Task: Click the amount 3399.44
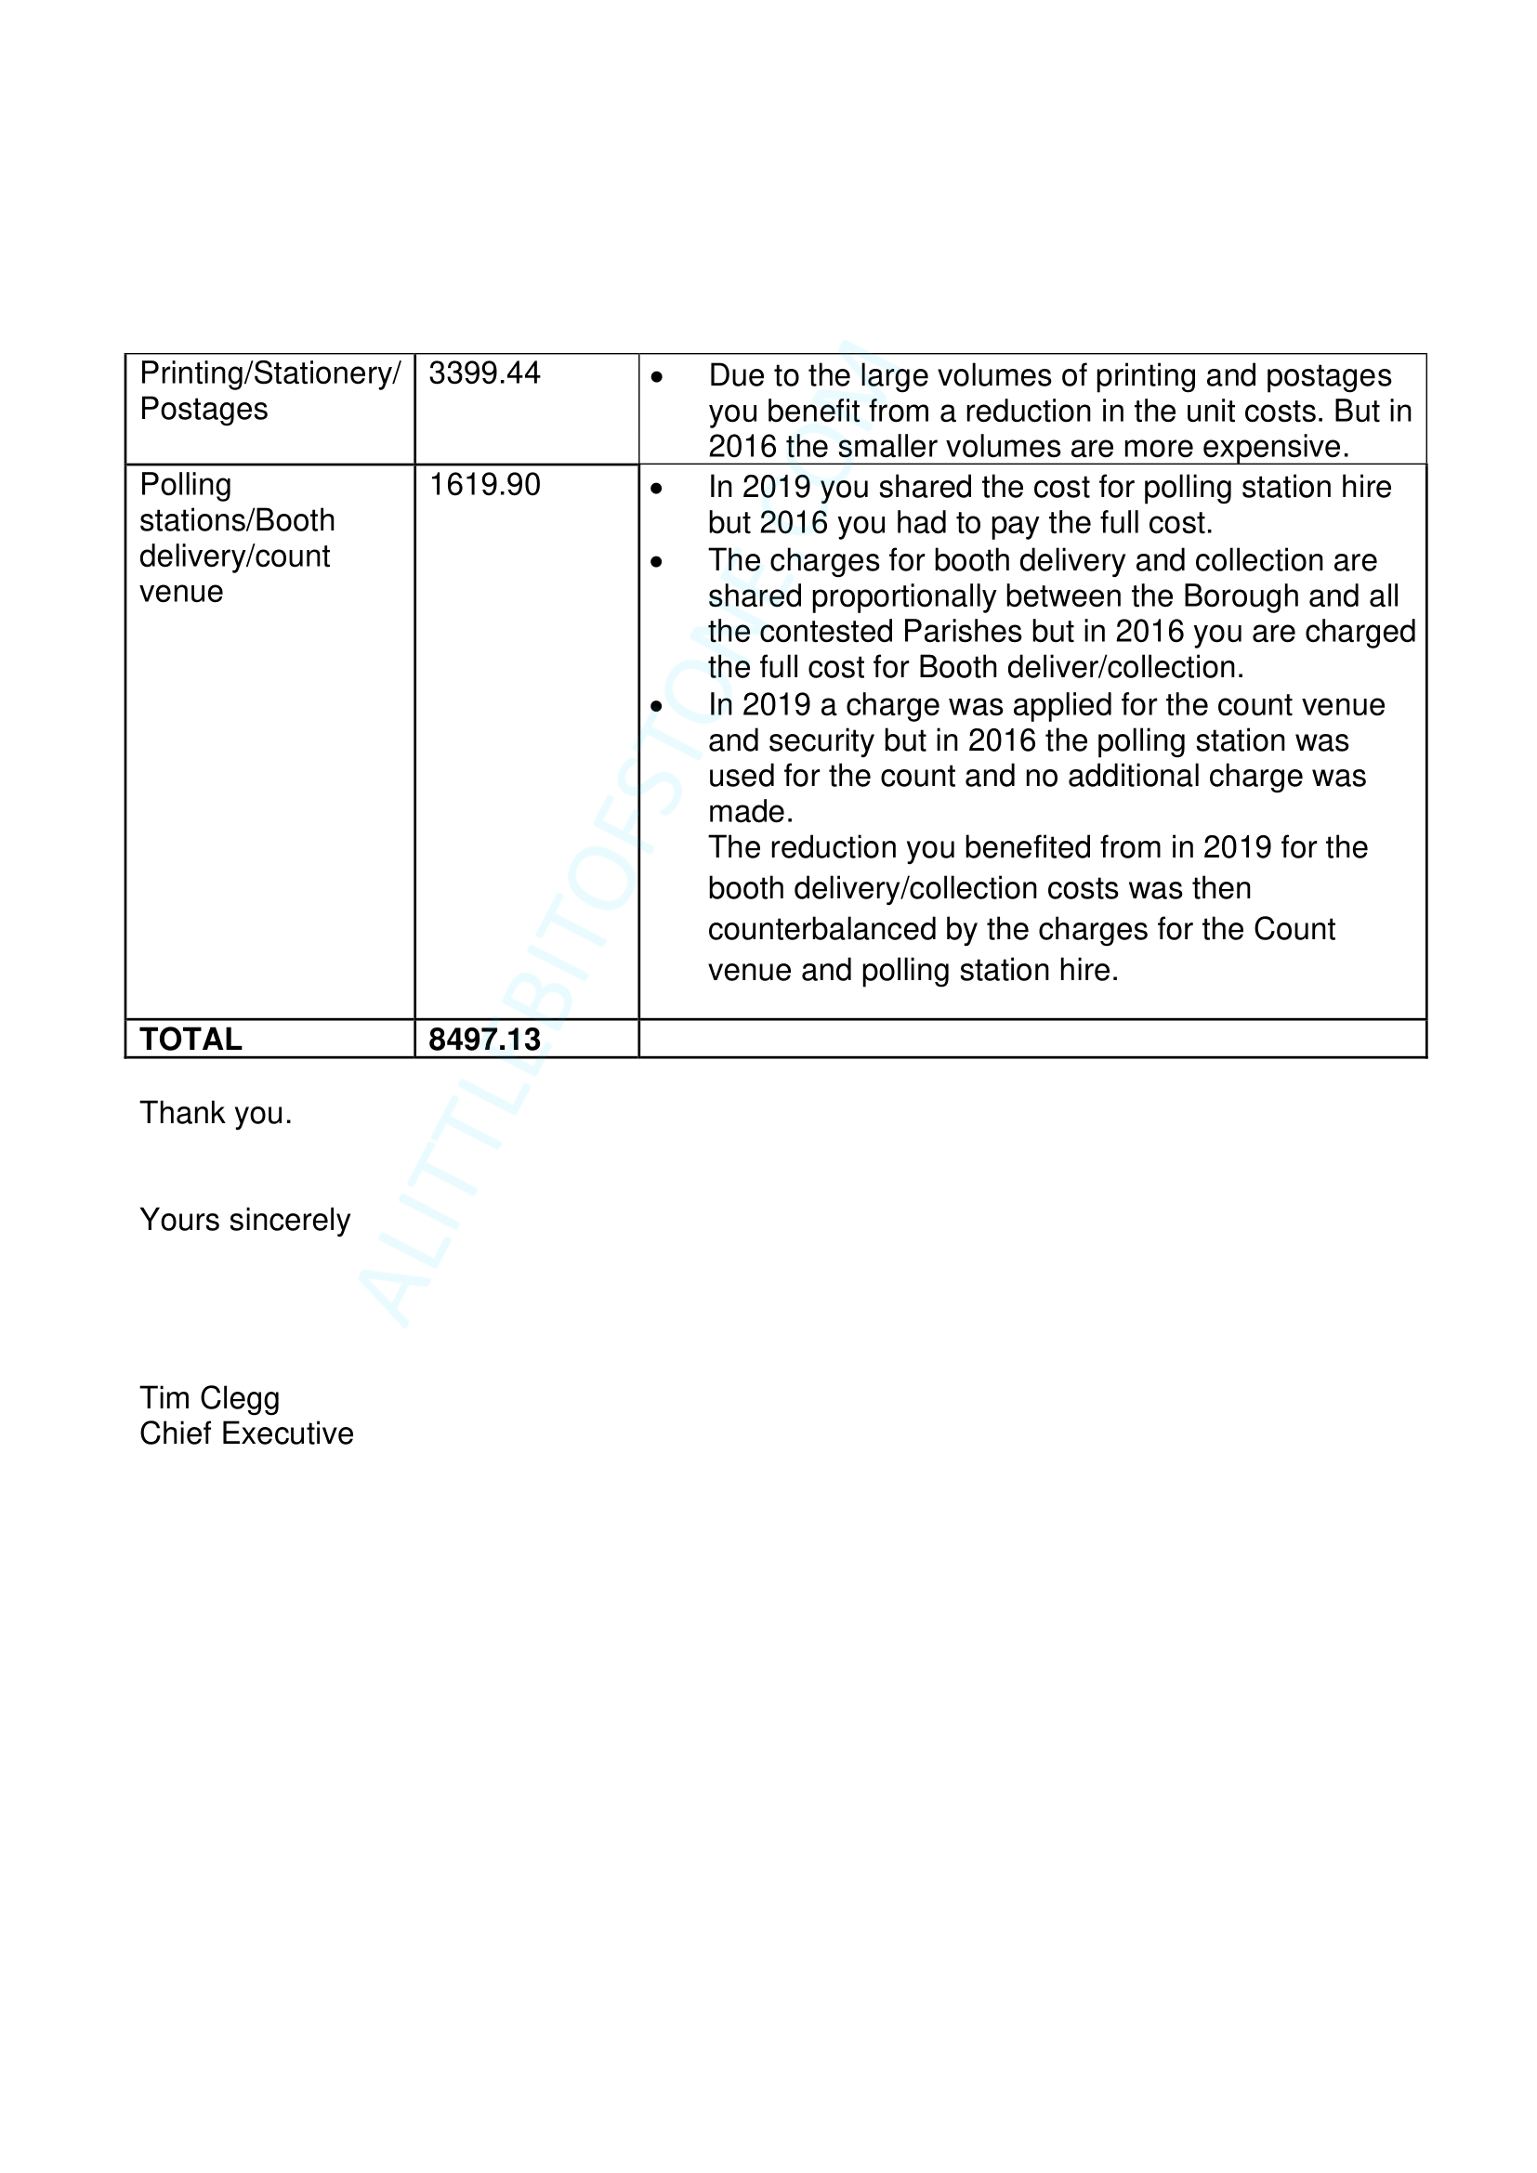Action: (x=483, y=373)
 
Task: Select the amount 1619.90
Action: (x=484, y=485)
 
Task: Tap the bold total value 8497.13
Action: (x=483, y=1040)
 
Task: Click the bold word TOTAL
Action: (x=190, y=1040)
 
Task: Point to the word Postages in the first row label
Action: (x=204, y=409)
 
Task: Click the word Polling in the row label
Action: (x=186, y=485)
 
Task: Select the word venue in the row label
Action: (x=181, y=592)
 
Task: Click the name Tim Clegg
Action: (x=209, y=1398)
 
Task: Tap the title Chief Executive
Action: (x=246, y=1433)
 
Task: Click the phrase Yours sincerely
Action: (x=244, y=1220)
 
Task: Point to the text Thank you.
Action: (x=215, y=1113)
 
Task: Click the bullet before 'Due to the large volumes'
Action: (x=657, y=377)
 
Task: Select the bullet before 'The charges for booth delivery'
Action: (x=657, y=562)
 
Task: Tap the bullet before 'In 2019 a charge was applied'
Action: (x=657, y=706)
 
